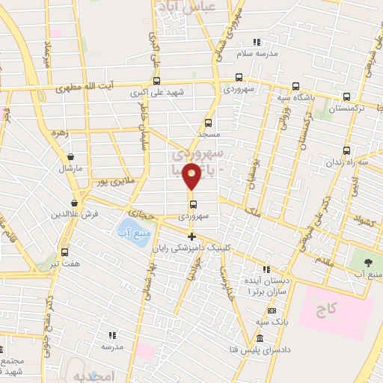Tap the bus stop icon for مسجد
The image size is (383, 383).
pyautogui.click(x=207, y=123)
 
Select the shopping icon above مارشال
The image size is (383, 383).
pyautogui.click(x=70, y=157)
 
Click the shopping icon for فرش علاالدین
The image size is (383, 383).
pyautogui.click(x=75, y=203)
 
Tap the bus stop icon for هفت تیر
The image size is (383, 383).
pyautogui.click(x=64, y=252)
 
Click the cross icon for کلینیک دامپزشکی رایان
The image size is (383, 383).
pyautogui.click(x=192, y=236)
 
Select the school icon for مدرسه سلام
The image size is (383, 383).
pyautogui.click(x=257, y=42)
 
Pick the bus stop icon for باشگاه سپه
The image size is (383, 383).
pyautogui.click(x=295, y=85)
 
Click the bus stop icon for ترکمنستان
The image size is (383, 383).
pyautogui.click(x=346, y=96)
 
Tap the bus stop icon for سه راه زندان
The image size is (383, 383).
pyautogui.click(x=346, y=150)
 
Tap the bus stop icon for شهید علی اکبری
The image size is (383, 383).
pyautogui.click(x=156, y=81)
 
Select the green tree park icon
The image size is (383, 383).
pyautogui.click(x=368, y=263)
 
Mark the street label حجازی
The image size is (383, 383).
pyautogui.click(x=141, y=213)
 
